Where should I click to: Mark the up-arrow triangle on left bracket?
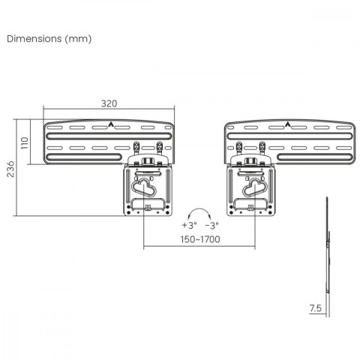click(x=110, y=125)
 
